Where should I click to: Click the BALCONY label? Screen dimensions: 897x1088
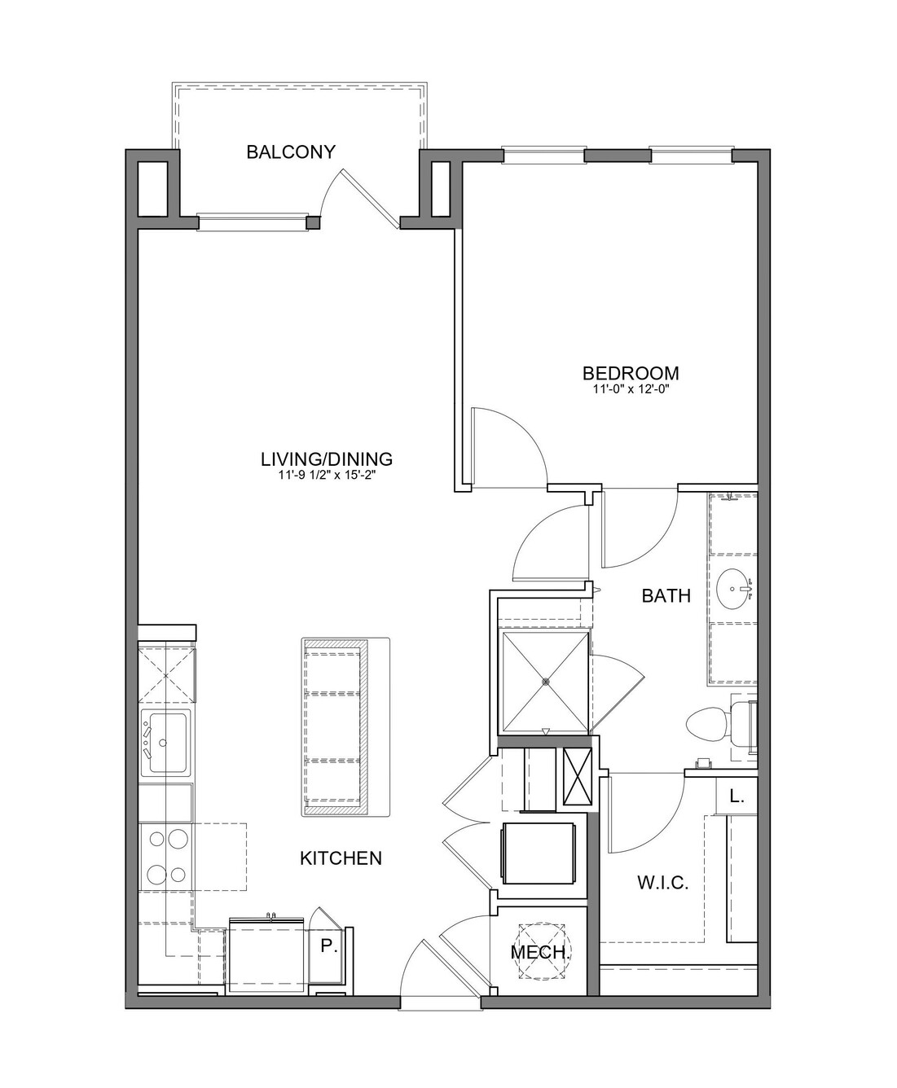(x=291, y=152)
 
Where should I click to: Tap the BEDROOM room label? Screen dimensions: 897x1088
(x=631, y=374)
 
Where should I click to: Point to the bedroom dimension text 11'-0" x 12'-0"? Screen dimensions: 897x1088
(x=631, y=388)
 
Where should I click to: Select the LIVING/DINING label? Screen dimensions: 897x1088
(x=326, y=459)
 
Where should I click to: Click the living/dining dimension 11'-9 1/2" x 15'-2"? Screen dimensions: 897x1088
(x=326, y=475)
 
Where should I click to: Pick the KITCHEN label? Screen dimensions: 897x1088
(x=341, y=858)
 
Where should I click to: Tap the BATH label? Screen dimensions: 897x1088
(x=666, y=595)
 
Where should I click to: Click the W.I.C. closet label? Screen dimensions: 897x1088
(x=663, y=883)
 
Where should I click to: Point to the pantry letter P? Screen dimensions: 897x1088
(x=327, y=946)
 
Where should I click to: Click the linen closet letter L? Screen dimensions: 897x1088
(x=736, y=796)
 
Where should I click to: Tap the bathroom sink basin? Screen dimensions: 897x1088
(x=735, y=589)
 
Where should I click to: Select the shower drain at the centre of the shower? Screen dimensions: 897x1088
(x=545, y=681)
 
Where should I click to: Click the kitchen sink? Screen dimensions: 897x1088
(x=167, y=743)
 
